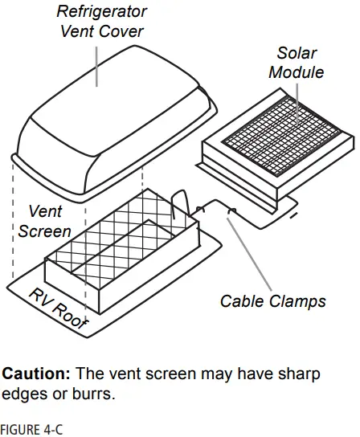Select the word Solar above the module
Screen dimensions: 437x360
coord(297,54)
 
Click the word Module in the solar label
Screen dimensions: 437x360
coord(297,72)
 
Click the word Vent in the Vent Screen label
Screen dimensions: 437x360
coord(45,212)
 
